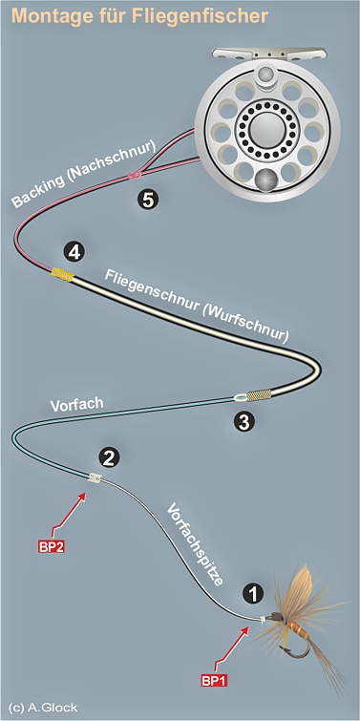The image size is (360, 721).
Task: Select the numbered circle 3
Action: click(x=244, y=419)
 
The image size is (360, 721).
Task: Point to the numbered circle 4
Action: click(x=73, y=251)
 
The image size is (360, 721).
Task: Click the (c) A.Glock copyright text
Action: click(x=39, y=708)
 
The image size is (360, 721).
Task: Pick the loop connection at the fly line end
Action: click(x=246, y=396)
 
